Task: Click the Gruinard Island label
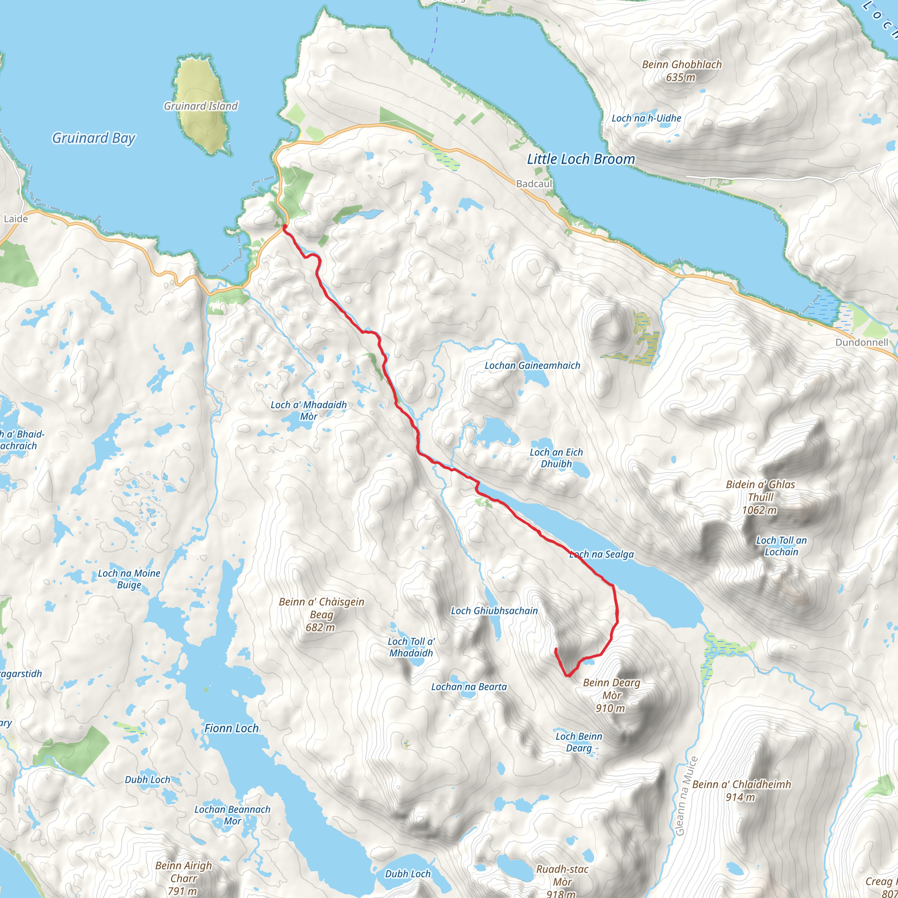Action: [x=200, y=106]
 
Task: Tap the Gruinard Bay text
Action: [x=93, y=138]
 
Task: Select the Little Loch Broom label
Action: [x=581, y=160]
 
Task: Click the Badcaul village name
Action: [x=534, y=184]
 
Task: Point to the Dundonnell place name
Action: [x=861, y=342]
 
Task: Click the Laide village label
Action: [x=16, y=219]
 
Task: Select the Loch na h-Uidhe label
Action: [x=646, y=118]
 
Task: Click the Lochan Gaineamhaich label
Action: [x=532, y=366]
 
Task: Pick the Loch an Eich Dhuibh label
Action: [x=556, y=458]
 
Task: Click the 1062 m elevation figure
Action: [x=759, y=510]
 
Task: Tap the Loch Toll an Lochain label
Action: [x=781, y=546]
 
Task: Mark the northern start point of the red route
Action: [x=285, y=226]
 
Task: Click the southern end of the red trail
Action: [x=556, y=649]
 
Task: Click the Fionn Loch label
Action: [x=232, y=728]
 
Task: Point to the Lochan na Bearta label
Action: [x=469, y=687]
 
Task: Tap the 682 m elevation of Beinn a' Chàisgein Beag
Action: [x=320, y=627]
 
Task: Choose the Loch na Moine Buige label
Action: [x=129, y=579]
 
